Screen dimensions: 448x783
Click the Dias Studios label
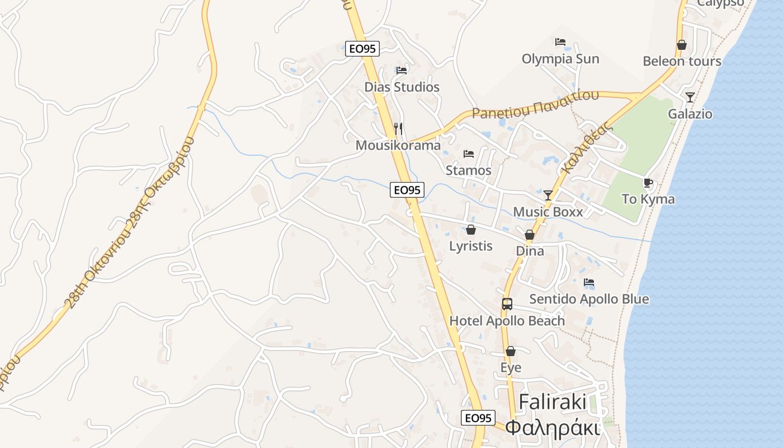402,87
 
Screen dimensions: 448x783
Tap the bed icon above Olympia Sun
560,42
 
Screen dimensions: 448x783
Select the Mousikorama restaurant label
398,146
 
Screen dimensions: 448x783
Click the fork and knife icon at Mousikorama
398,128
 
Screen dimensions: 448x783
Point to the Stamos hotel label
469,170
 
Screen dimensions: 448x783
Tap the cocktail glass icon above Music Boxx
548,195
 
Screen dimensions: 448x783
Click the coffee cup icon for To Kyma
648,183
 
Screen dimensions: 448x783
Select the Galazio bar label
690,114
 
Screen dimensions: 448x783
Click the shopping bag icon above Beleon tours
681,45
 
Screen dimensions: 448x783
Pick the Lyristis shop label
471,246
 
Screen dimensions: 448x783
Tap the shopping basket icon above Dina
529,235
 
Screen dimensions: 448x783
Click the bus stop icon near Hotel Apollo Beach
507,304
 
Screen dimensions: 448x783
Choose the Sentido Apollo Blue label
589,299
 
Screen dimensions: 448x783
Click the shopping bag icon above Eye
510,351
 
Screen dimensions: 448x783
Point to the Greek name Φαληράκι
552,428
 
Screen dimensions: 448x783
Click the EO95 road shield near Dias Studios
362,49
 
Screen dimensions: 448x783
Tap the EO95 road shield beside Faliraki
478,418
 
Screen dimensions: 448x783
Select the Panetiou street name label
535,105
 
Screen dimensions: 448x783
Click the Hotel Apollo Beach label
507,321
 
